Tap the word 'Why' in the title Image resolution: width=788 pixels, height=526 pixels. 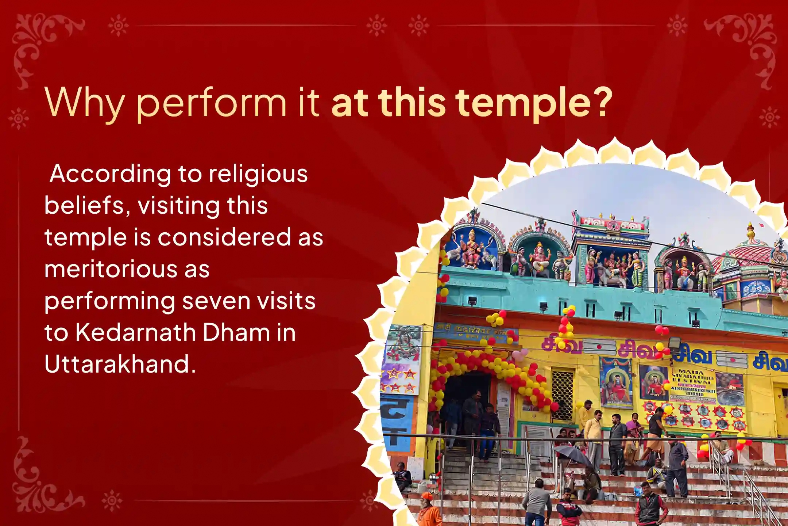84,103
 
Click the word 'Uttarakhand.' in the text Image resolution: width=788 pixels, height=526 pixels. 120,364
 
